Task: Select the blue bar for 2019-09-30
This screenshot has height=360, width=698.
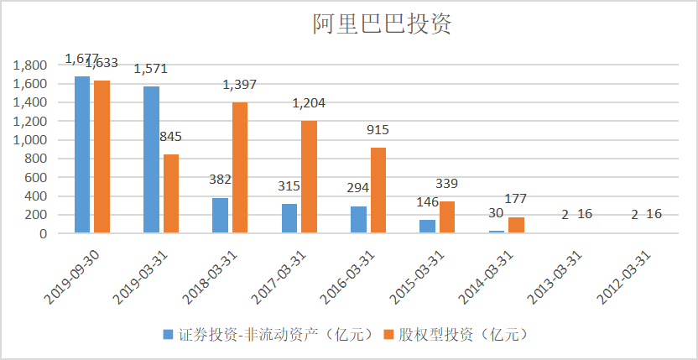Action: tap(81, 154)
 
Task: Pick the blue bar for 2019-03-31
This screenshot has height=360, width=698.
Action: tap(151, 159)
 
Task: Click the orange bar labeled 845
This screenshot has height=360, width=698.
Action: tap(171, 194)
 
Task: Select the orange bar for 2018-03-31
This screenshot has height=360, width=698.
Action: tap(240, 168)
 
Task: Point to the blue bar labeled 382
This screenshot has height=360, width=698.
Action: tap(220, 216)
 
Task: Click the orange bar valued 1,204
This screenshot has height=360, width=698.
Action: tap(309, 177)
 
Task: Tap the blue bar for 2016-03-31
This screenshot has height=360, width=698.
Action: tap(358, 220)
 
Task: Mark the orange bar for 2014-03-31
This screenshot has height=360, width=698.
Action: tap(517, 225)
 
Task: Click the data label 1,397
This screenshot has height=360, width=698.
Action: tap(239, 85)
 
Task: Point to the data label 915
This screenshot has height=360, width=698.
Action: tap(378, 130)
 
